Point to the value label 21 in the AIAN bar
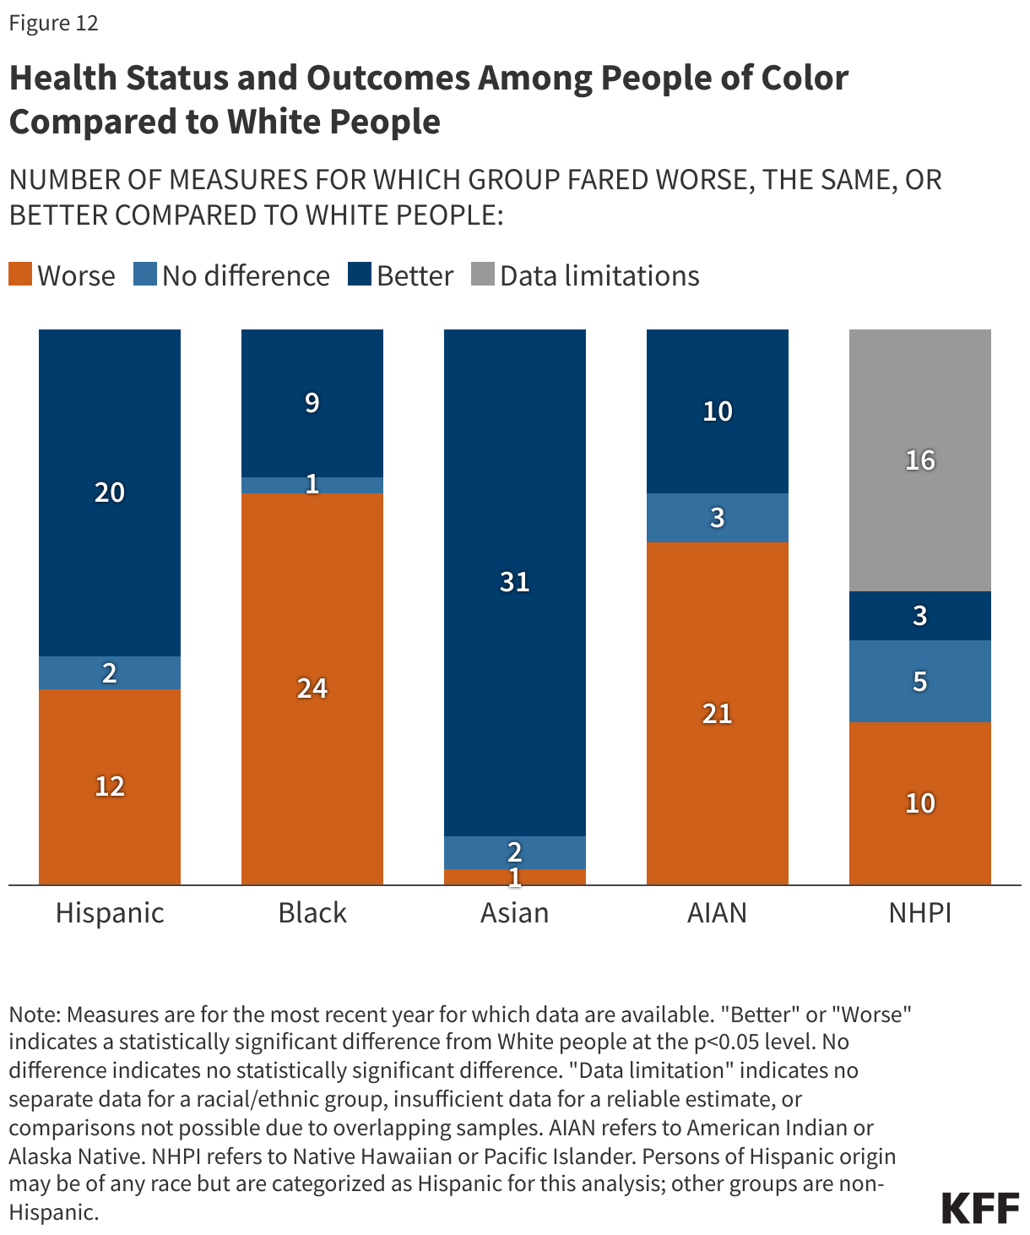tap(718, 714)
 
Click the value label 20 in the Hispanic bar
tap(110, 492)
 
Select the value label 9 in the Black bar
tap(312, 403)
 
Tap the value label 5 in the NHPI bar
tap(920, 681)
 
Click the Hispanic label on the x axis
tap(110, 913)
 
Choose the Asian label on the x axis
tap(515, 913)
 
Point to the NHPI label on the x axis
tap(920, 913)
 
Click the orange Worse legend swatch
tap(20, 275)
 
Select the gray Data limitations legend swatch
tap(483, 275)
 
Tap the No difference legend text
tap(246, 276)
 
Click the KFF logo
tap(980, 1208)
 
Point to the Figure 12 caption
tap(54, 23)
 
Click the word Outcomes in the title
tap(388, 78)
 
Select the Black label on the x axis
tap(312, 913)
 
